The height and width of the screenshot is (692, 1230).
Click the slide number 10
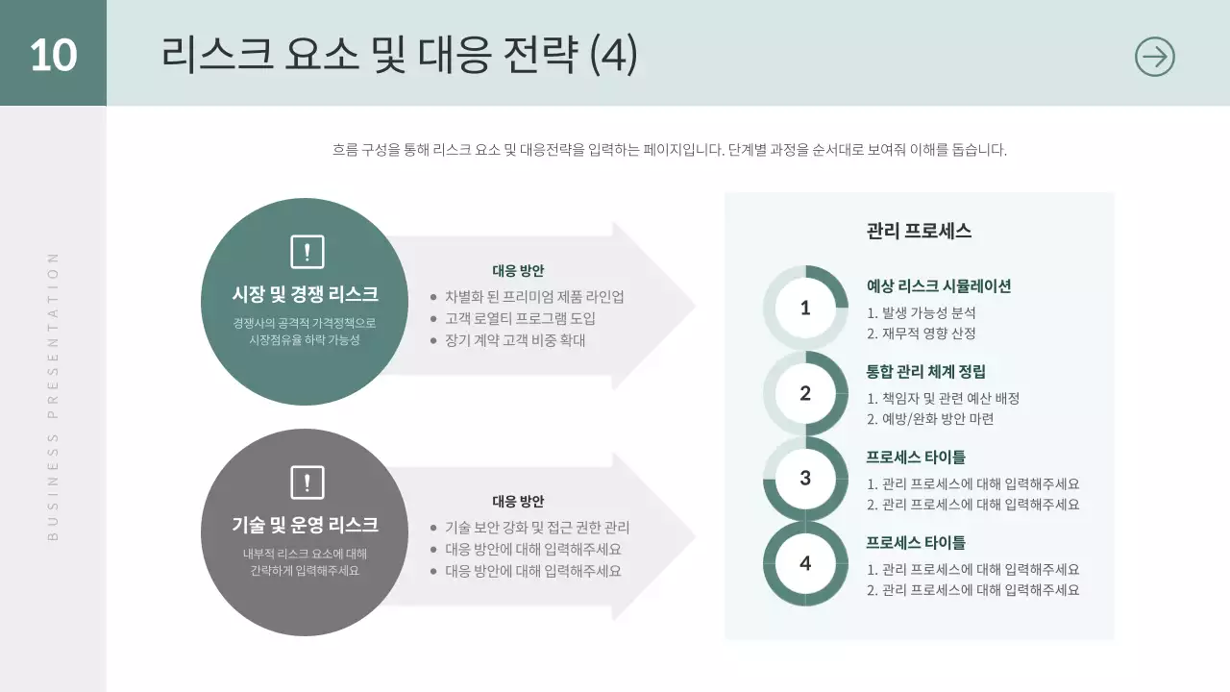point(53,55)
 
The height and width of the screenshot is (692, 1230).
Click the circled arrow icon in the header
point(1154,57)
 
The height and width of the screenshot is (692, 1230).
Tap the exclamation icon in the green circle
point(307,252)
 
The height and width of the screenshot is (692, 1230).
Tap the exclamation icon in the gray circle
point(307,482)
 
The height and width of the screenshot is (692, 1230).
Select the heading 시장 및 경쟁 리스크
point(306,294)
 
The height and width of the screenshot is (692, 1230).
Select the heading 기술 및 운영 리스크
point(306,525)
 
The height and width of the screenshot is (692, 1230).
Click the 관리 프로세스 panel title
point(919,232)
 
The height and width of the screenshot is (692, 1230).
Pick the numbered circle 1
point(805,308)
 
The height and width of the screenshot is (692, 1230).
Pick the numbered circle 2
point(805,393)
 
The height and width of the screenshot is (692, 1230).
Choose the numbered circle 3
point(805,478)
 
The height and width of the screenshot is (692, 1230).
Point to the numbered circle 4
point(805,563)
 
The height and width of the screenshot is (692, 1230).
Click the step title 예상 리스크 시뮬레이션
point(939,286)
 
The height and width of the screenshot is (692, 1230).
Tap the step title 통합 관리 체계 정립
point(925,372)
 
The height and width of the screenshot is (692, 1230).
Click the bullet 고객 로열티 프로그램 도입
point(520,318)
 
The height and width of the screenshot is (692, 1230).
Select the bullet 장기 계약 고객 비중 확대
point(515,340)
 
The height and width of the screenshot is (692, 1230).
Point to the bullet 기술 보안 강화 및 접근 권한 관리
point(537,528)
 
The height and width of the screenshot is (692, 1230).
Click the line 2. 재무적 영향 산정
point(922,334)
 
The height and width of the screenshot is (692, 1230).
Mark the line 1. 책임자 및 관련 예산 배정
point(943,398)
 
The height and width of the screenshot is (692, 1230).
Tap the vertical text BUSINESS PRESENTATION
point(53,395)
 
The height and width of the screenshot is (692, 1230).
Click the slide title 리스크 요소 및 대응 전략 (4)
point(399,55)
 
